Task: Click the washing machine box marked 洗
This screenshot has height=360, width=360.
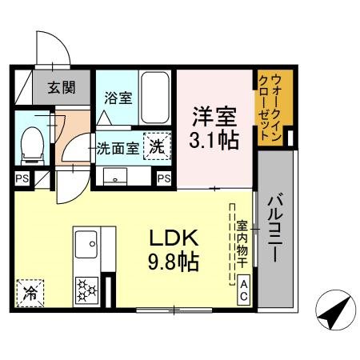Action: pos(158,147)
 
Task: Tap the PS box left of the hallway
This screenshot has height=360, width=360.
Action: pos(21,178)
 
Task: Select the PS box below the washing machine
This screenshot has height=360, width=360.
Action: pos(164,178)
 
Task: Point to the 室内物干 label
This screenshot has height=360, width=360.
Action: pos(242,243)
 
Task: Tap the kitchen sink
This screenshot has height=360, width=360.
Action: pos(86,240)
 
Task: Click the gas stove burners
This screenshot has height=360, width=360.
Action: pos(86,289)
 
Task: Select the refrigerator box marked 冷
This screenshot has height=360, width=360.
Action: pos(30,292)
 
